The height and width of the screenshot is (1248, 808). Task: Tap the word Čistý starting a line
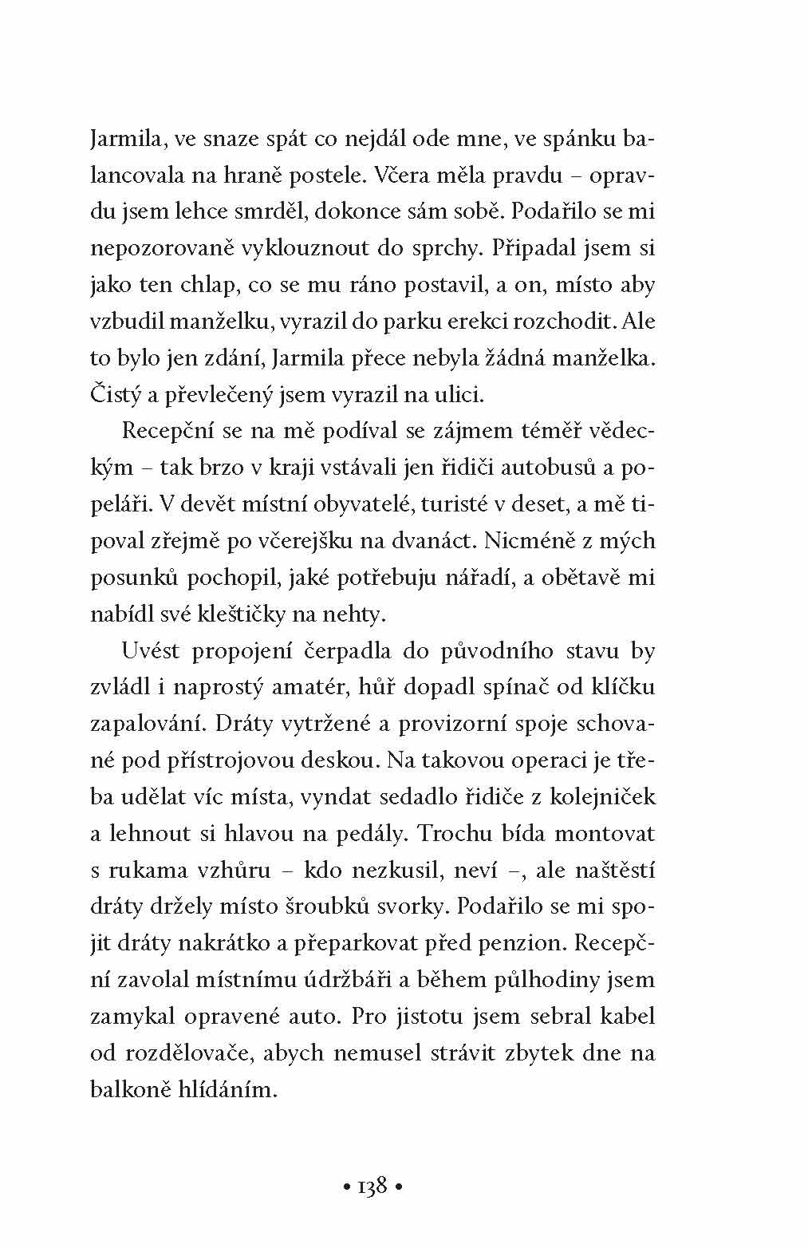[114, 395]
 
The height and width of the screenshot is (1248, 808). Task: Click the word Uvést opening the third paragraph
[152, 650]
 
